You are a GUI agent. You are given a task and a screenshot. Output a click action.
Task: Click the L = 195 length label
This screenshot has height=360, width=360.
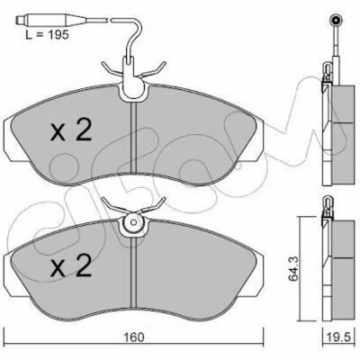pos(47,35)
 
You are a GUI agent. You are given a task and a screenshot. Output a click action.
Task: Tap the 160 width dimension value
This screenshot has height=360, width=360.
pos(133,337)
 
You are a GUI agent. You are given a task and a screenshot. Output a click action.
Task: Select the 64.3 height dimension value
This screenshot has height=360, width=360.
pos(293,269)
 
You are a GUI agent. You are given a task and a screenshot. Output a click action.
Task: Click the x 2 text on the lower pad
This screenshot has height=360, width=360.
pos(71,265)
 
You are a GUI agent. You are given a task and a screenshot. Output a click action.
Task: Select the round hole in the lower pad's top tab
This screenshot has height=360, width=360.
pos(134,222)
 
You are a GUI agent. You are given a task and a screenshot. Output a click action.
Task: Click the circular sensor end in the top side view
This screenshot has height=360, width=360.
pos(337,21)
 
